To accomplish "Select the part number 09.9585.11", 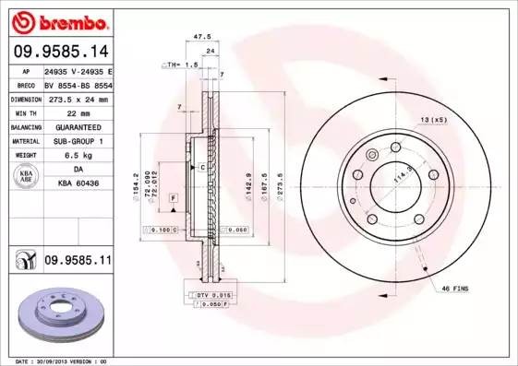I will (x=77, y=261).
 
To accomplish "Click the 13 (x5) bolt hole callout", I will (x=433, y=120).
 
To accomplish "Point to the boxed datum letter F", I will (x=173, y=198).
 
